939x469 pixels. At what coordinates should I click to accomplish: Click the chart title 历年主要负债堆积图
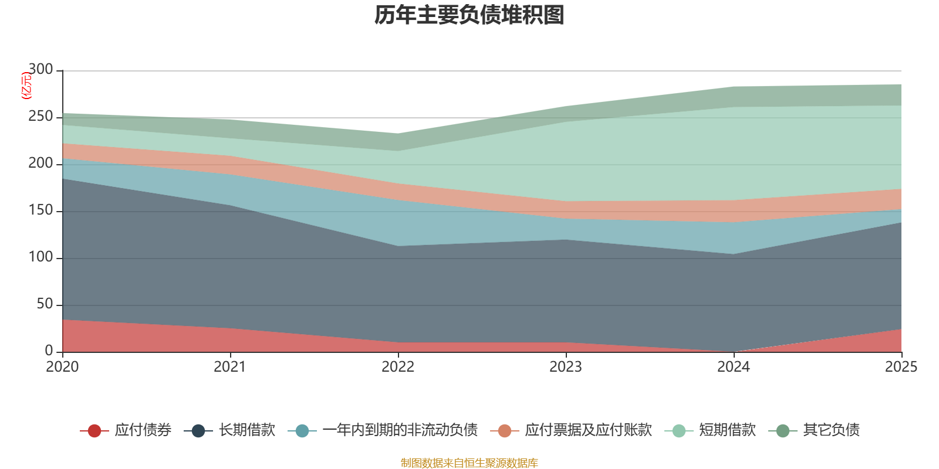coord(469,15)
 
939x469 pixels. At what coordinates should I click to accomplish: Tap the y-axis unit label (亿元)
coord(26,86)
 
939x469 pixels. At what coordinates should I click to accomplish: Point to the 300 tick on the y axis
coord(40,69)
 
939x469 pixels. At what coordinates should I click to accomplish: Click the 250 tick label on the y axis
coord(40,116)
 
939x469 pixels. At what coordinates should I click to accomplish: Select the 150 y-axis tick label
coord(40,210)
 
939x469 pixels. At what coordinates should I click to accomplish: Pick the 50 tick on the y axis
coord(45,304)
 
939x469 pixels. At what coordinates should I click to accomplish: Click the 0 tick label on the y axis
coord(49,351)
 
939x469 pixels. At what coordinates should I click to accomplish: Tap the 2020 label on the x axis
coord(62,367)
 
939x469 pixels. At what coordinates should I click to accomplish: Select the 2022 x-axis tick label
coord(398,367)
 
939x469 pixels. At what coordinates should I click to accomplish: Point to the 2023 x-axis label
coord(566,367)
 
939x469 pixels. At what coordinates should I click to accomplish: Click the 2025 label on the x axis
coord(901,367)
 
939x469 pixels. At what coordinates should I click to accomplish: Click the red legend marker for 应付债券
coord(94,430)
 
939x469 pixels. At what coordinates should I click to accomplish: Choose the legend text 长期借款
coord(247,430)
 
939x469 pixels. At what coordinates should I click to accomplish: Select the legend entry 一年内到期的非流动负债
coord(383,430)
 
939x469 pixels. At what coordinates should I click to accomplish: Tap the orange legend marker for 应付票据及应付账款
coord(504,430)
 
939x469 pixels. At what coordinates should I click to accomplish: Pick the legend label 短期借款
coord(727,430)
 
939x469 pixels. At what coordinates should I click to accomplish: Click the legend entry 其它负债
coord(813,430)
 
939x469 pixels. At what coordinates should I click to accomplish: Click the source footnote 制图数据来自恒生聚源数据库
coord(469,463)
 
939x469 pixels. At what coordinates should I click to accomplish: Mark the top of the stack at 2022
coord(398,134)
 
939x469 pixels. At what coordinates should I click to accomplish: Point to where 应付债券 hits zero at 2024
coord(734,352)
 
